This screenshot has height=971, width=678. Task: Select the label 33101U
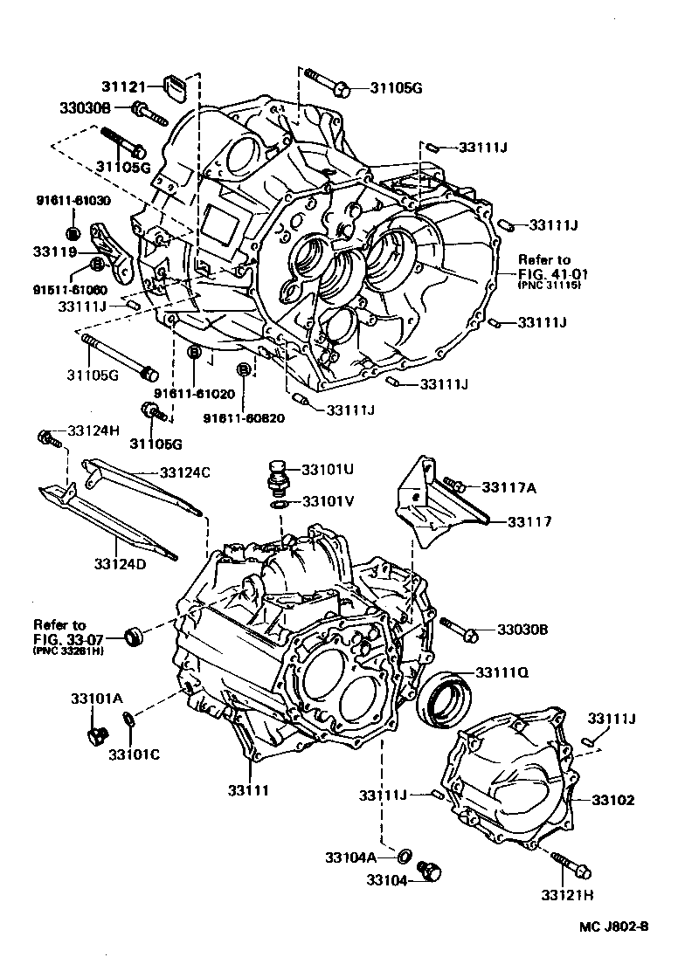tap(328, 469)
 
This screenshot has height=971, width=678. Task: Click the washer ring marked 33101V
tap(278, 504)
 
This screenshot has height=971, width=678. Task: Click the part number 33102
tap(613, 799)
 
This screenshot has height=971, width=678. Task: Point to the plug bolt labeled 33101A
tap(95, 735)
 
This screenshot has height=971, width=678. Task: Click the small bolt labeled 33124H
tap(49, 437)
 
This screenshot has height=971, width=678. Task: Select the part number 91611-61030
tap(73, 201)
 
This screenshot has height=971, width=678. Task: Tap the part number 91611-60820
tap(244, 418)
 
